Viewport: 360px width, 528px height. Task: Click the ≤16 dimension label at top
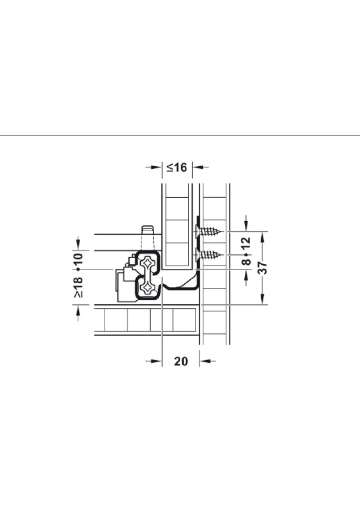[x=177, y=167]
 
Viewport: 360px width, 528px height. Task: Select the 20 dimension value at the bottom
[x=181, y=361]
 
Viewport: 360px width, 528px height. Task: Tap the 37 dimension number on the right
[x=262, y=268]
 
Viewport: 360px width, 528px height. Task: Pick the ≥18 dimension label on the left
[x=78, y=287]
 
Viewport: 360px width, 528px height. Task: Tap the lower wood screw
[x=209, y=255]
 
